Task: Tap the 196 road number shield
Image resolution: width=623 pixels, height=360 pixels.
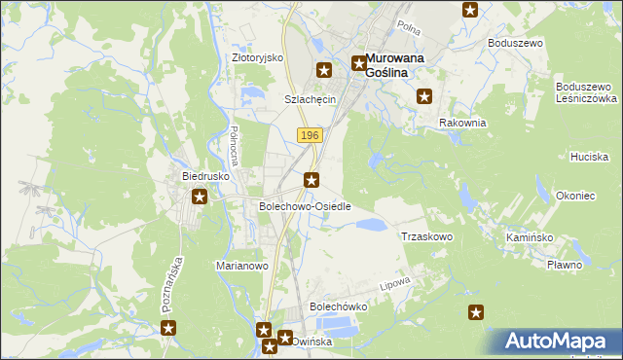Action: click(309, 135)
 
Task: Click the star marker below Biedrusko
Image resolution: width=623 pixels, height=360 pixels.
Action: click(200, 198)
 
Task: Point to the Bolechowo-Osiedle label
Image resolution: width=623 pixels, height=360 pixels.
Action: click(304, 206)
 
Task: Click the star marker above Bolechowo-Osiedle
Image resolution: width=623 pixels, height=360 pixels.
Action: click(311, 178)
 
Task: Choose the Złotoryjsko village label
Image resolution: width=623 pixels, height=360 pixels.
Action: click(257, 57)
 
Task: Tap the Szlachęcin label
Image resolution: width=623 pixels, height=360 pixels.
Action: click(310, 99)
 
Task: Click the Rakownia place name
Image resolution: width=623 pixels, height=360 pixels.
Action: click(462, 123)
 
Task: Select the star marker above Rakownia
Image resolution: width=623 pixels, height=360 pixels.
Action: click(424, 95)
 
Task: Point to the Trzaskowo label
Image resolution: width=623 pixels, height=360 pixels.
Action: click(427, 236)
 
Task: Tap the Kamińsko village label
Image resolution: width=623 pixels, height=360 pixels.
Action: click(530, 237)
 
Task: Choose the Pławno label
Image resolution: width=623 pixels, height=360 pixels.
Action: click(564, 265)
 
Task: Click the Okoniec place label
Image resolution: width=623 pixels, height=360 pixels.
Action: click(574, 196)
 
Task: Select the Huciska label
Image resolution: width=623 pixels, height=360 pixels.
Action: click(590, 156)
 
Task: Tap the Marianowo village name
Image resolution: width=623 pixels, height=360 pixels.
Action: click(240, 265)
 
